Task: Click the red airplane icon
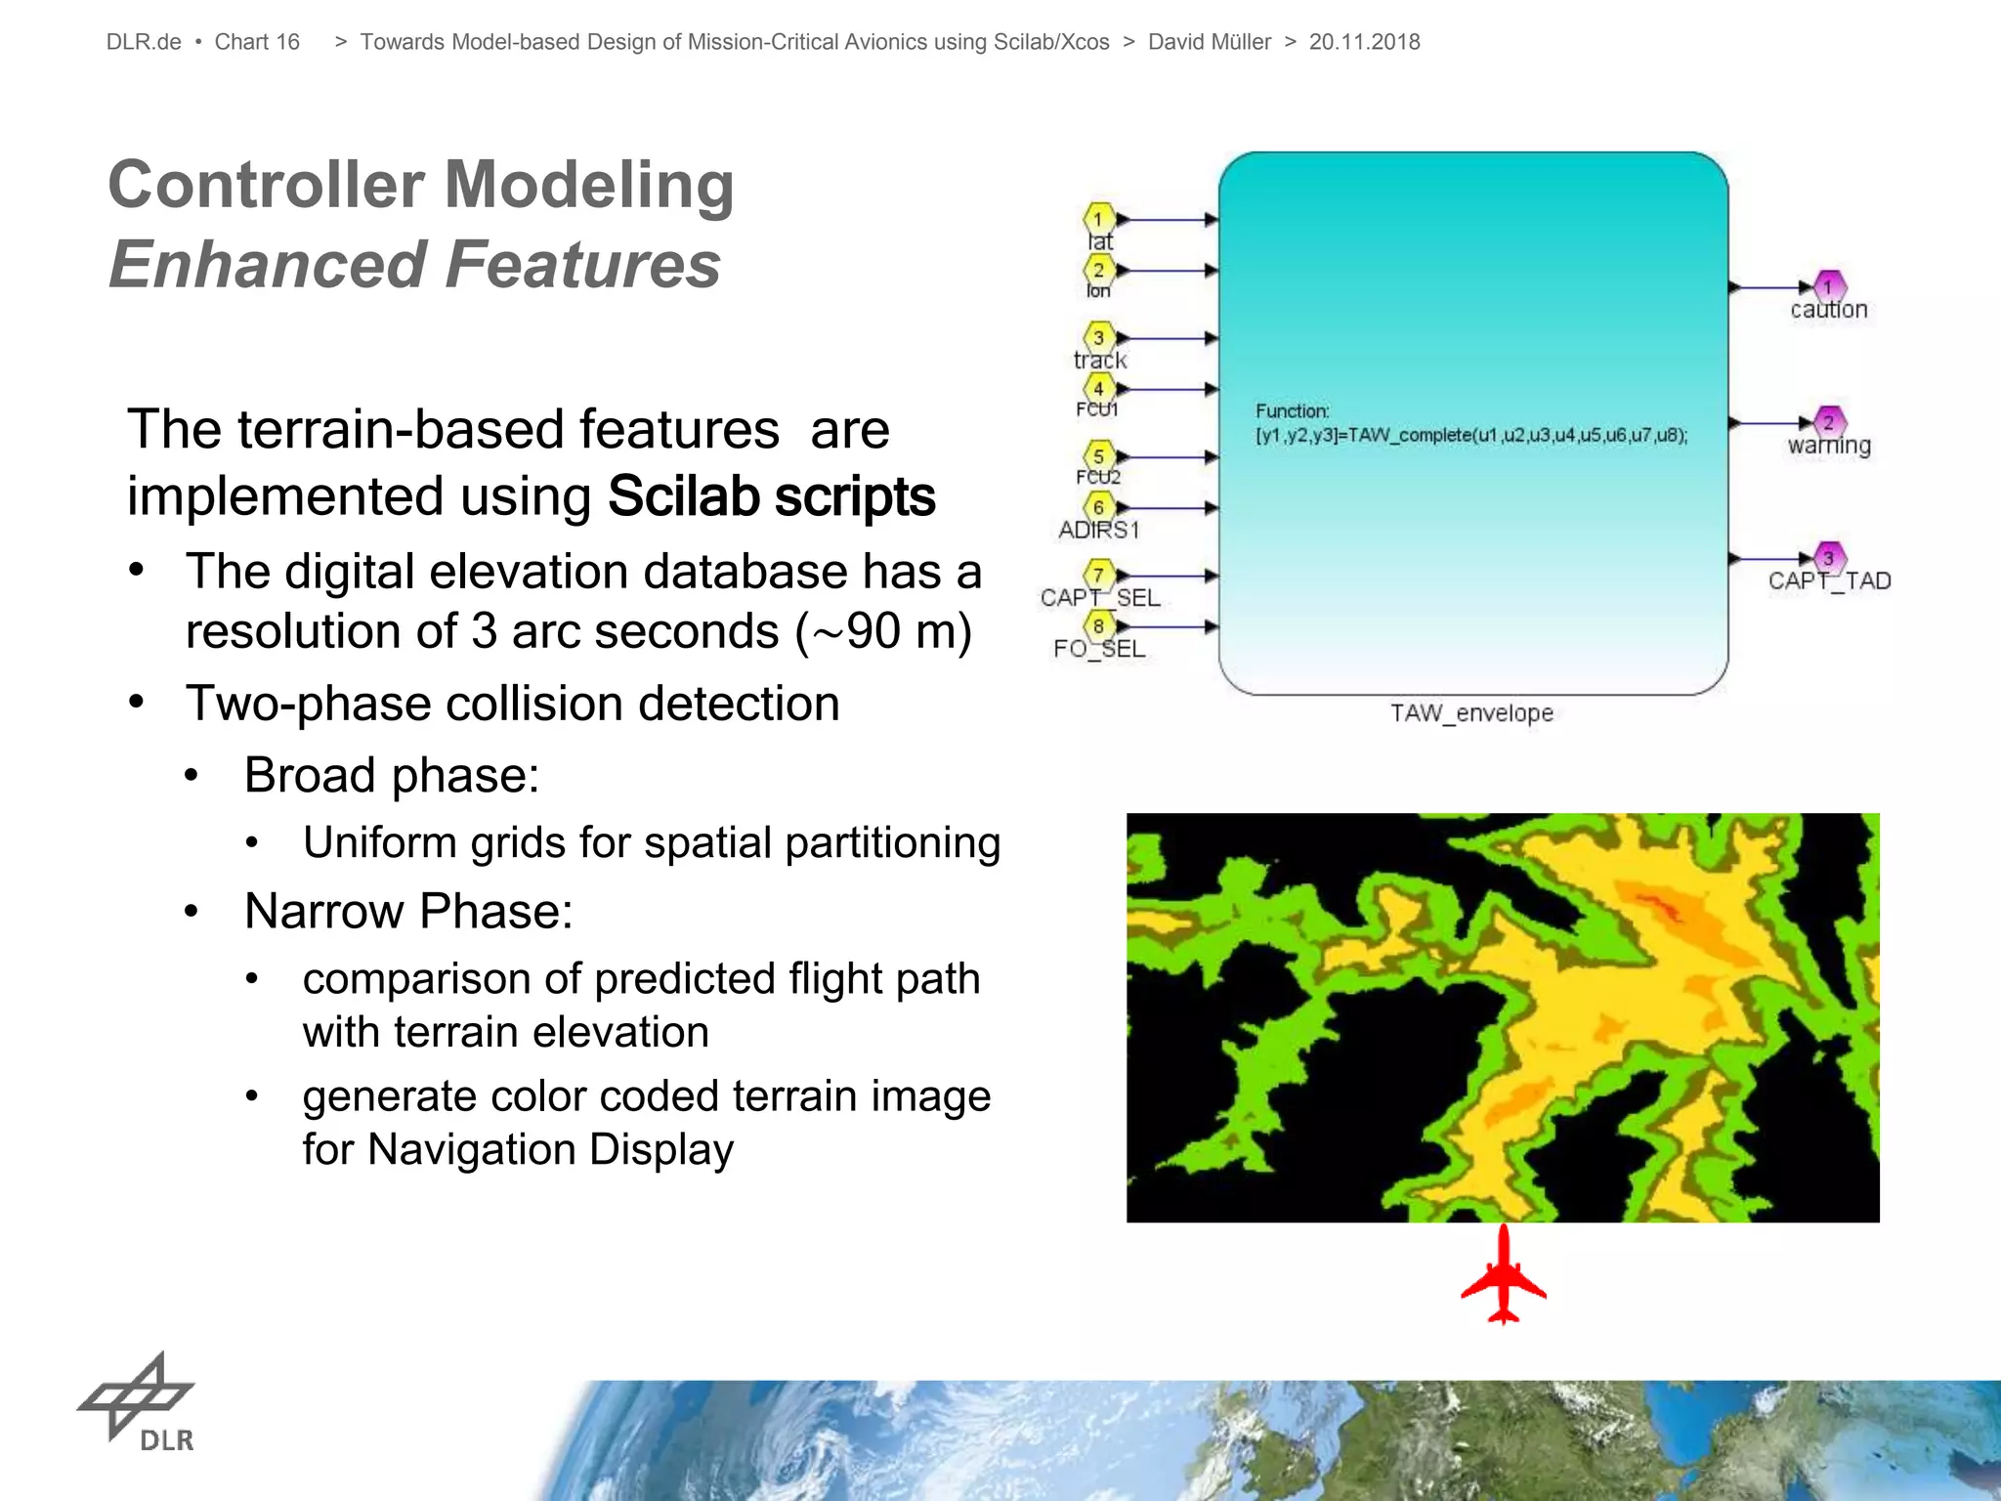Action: coord(1504,1275)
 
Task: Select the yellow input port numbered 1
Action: coord(1098,218)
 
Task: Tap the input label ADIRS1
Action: coord(1099,531)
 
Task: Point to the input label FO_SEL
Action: coord(1099,649)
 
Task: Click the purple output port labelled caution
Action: coord(1828,286)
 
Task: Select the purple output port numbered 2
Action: coord(1828,422)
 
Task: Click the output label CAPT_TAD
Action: coord(1829,581)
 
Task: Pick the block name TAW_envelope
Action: coord(1471,713)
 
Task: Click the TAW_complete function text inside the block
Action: coord(1471,435)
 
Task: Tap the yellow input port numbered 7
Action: coord(1098,575)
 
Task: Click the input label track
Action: coord(1100,361)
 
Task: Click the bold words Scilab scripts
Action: coord(771,496)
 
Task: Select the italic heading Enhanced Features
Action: coord(414,265)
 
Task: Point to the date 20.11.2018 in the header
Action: coord(1364,42)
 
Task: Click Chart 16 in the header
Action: coord(257,42)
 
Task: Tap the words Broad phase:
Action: coord(392,776)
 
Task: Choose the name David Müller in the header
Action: coord(1210,42)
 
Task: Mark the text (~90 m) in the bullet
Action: coord(883,631)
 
